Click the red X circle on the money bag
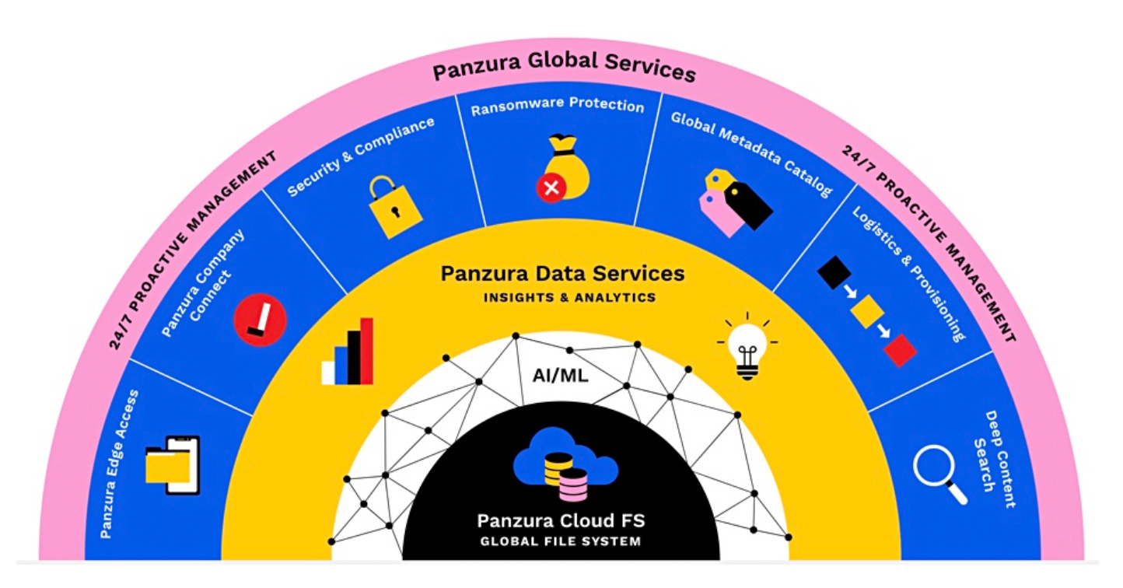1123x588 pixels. [x=551, y=187]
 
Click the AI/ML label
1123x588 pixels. [x=560, y=376]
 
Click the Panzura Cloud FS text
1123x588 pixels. [x=561, y=520]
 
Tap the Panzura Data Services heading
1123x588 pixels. [x=562, y=274]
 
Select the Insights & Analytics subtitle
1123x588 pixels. [x=569, y=298]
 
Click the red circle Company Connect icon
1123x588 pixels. [x=261, y=320]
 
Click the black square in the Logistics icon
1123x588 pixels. [x=833, y=273]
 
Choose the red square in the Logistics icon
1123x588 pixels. [x=901, y=350]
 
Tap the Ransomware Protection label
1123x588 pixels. [x=558, y=106]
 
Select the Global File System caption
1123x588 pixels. [x=561, y=541]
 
